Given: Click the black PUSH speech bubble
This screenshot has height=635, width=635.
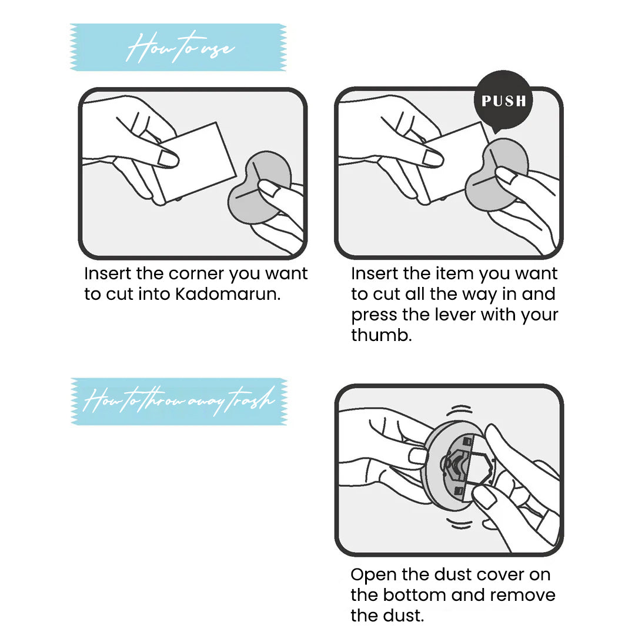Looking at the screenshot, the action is tap(503, 101).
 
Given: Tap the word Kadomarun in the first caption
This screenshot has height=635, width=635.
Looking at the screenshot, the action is tap(228, 295).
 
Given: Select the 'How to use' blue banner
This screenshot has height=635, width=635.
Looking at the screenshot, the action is tap(178, 48).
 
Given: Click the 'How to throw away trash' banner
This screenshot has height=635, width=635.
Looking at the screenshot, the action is tap(179, 402).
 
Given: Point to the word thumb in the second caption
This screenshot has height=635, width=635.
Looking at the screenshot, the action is tap(381, 335).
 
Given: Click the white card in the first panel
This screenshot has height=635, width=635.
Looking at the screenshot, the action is tap(195, 162).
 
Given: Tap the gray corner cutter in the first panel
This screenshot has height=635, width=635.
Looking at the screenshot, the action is tap(259, 187).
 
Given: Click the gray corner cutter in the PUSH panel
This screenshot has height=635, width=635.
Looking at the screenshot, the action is tap(497, 174).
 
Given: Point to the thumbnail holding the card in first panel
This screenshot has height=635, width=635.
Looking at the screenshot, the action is tap(168, 159).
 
